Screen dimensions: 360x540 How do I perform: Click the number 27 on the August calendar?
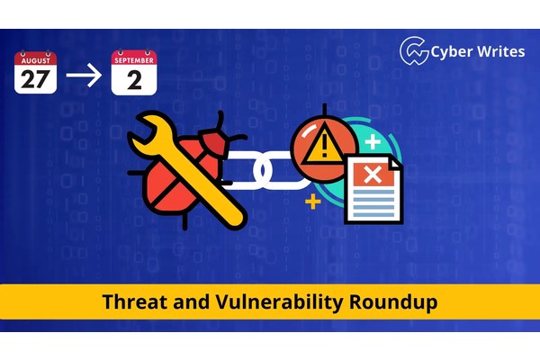(x=36, y=78)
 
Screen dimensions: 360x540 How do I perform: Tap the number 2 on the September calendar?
(x=134, y=79)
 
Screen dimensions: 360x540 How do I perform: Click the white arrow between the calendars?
(x=85, y=76)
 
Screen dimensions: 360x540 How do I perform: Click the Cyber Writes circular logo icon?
(x=413, y=50)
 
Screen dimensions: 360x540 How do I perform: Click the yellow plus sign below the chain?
(x=313, y=202)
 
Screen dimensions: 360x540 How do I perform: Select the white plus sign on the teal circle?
(x=372, y=142)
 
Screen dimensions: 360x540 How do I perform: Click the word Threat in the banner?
(x=131, y=302)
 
